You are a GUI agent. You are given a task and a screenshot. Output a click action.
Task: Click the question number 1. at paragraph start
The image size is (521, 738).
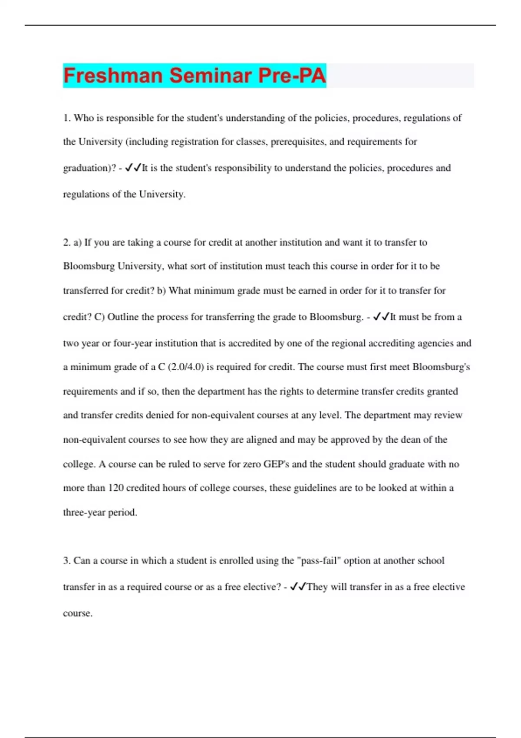tap(67, 118)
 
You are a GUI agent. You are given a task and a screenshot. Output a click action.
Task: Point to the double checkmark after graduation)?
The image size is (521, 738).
tap(133, 168)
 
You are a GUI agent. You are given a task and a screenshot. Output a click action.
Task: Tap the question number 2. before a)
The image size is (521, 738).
tap(67, 243)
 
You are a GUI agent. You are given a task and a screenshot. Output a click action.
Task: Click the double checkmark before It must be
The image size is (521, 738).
tap(381, 317)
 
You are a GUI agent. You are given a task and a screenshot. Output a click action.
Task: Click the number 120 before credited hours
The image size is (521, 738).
tap(116, 488)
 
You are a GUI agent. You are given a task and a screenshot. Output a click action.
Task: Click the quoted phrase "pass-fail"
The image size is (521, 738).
tap(319, 561)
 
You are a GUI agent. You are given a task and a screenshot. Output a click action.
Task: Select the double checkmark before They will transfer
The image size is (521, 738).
tap(298, 587)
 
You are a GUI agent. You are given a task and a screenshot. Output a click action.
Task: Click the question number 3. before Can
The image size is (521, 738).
tap(67, 561)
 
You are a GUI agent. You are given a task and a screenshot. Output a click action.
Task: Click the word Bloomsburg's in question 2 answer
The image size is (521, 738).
tap(441, 367)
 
